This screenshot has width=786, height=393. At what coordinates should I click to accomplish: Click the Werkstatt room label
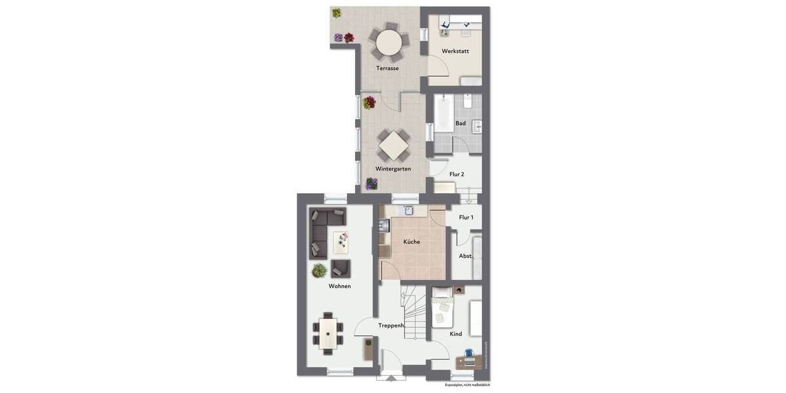(455, 51)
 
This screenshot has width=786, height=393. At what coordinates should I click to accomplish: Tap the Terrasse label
(387, 68)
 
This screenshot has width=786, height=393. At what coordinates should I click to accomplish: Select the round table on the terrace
(388, 43)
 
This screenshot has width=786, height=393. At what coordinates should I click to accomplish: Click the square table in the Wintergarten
(393, 145)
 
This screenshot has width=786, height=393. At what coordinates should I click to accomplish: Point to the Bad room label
(460, 123)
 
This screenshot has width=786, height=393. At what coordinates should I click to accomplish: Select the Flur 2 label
(457, 174)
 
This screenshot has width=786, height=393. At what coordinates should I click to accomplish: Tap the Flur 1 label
(466, 217)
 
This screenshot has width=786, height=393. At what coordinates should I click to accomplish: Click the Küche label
(411, 242)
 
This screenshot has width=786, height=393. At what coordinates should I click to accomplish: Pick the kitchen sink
(408, 210)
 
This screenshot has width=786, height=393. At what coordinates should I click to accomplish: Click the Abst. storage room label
(466, 256)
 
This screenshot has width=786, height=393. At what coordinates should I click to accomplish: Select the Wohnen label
(339, 286)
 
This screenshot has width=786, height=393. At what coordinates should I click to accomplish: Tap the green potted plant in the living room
(319, 270)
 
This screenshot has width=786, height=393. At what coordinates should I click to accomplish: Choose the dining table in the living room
(327, 332)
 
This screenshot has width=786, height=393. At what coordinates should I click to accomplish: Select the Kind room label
(456, 334)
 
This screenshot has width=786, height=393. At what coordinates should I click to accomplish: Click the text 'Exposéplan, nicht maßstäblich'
(467, 385)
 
